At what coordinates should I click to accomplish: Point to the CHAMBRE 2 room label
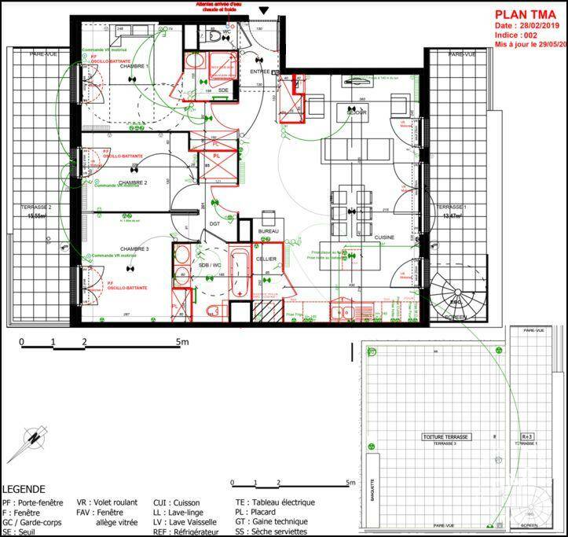(133, 182)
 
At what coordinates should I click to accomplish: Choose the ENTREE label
(259, 72)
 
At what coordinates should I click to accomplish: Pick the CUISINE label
(383, 237)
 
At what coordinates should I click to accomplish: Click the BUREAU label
(269, 231)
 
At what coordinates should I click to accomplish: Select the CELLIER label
(265, 259)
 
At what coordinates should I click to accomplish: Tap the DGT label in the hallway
(214, 224)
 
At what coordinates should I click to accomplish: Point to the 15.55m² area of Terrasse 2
(38, 215)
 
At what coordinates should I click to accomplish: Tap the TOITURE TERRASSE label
(445, 436)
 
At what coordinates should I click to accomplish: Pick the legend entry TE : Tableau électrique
(274, 502)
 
